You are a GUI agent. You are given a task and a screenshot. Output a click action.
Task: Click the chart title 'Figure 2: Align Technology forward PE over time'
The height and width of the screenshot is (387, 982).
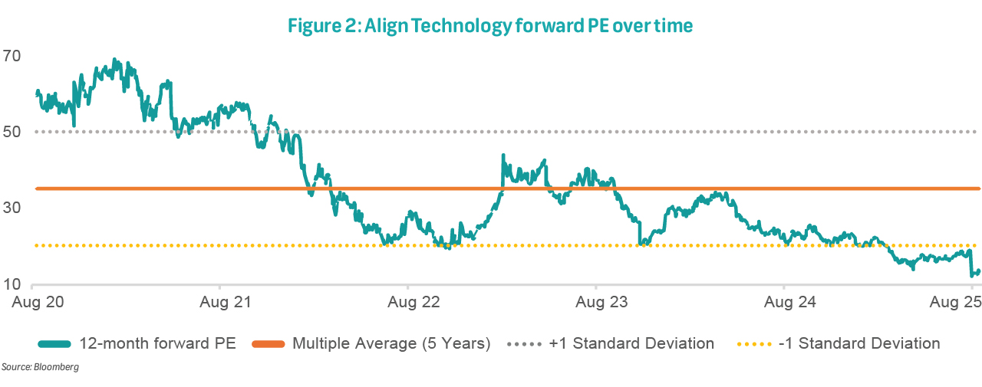point(490,26)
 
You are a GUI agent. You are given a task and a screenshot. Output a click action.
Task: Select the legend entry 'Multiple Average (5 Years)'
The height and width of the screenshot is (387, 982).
point(391,343)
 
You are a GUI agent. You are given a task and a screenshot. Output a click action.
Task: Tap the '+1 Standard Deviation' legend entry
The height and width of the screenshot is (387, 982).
point(631,343)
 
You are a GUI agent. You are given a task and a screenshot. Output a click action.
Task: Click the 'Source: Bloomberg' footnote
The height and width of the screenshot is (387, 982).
point(39,368)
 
